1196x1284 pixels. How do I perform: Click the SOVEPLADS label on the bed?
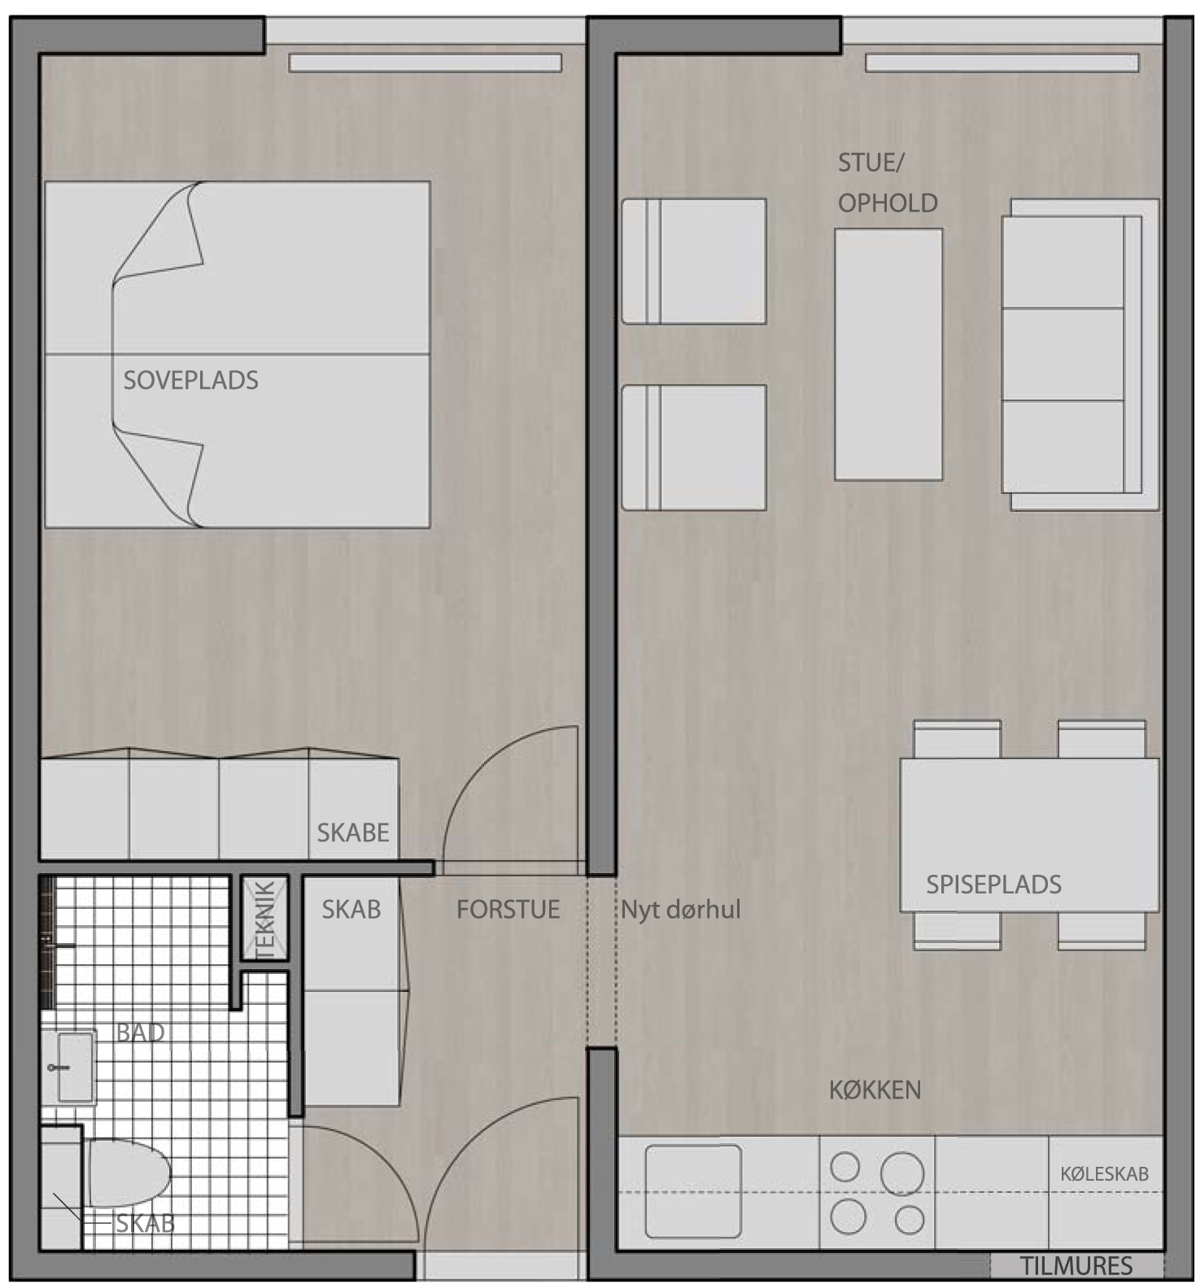190,380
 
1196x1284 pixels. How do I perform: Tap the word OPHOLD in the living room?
888,203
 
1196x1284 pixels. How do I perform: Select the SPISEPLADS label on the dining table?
993,884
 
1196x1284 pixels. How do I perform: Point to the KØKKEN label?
875,1090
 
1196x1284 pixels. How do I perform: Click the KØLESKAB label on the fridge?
1104,1174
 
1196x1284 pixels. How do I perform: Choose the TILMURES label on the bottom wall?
1076,1266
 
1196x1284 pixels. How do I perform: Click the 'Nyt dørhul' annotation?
681,910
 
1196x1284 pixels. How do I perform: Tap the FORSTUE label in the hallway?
508,909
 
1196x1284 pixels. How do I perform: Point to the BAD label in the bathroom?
140,1033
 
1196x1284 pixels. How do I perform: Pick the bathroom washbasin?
76,1067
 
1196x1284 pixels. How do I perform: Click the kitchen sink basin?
693,1191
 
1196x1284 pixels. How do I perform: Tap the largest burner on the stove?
902,1173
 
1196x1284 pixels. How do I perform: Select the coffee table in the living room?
888,354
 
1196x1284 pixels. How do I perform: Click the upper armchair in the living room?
694,261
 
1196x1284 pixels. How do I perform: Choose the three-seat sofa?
1080,355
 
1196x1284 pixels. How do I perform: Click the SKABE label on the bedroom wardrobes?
353,832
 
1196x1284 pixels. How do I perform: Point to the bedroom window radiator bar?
426,63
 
